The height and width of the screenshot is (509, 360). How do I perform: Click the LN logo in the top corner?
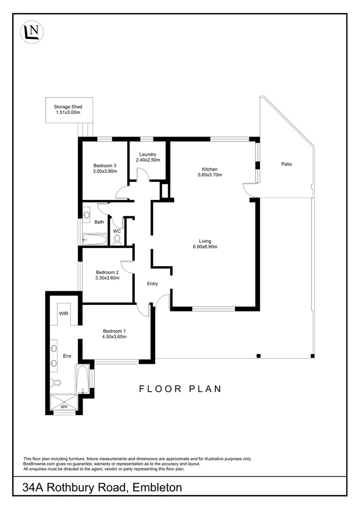click(32, 32)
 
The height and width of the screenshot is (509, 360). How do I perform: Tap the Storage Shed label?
click(68, 107)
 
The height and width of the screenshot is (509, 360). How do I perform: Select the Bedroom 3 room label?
click(105, 165)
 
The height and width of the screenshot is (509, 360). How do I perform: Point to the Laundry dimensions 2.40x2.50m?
click(148, 160)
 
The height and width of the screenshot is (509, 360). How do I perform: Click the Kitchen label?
click(210, 169)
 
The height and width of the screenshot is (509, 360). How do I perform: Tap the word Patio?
click(286, 164)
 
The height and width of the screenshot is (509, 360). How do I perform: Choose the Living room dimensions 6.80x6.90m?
click(205, 246)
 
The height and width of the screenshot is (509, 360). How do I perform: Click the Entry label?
click(152, 284)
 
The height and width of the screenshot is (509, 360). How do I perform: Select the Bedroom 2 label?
click(107, 272)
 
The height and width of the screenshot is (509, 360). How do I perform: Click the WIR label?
click(64, 313)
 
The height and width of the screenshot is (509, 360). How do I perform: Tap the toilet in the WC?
click(117, 240)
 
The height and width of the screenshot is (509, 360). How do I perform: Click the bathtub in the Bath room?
click(95, 239)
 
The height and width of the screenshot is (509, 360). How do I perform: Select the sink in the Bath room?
click(87, 215)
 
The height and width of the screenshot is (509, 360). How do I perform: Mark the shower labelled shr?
click(64, 403)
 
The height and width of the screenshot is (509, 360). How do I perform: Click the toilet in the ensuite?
click(57, 383)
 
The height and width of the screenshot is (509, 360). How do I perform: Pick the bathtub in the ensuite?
click(83, 379)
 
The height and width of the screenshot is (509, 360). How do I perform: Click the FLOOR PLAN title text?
click(180, 389)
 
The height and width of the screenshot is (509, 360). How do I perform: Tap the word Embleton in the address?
click(157, 487)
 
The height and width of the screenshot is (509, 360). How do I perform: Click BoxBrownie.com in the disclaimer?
click(40, 464)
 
